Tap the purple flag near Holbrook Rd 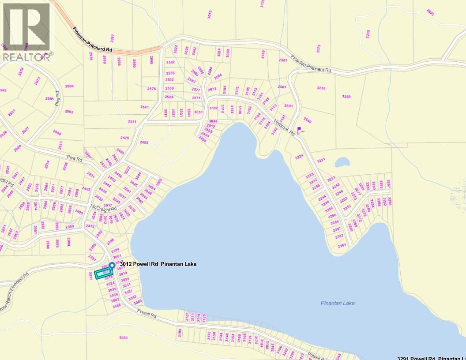coord(300,131)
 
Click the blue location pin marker coord(112,266)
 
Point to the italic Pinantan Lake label coord(338,303)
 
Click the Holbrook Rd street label coord(284,128)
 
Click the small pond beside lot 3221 coord(342,162)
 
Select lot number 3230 coord(321,88)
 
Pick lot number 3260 coord(346,96)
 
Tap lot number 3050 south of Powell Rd coord(124,338)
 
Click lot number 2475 coord(125,138)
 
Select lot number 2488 coord(144,142)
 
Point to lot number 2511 coord(132,121)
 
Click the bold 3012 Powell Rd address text coord(158,264)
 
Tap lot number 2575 coord(151,89)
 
